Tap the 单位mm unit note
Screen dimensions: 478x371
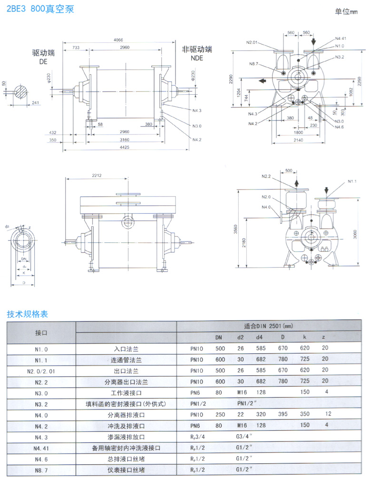pos(345,12)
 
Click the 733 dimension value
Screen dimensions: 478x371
pos(76,48)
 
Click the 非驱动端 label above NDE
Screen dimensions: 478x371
pos(197,49)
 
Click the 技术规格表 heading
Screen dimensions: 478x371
pos(27,314)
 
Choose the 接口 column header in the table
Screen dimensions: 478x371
pos(41,331)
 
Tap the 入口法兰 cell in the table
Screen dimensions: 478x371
pos(126,349)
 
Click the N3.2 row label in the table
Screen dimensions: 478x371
pos(41,404)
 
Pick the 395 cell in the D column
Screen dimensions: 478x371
pos(283,415)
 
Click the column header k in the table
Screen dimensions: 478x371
pos(304,338)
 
